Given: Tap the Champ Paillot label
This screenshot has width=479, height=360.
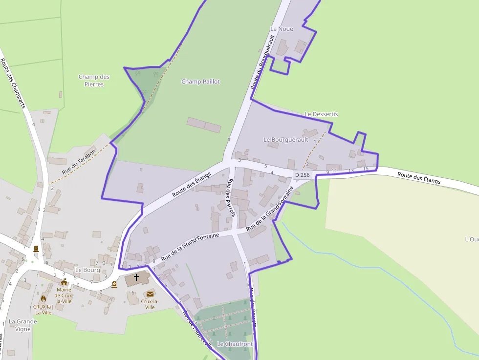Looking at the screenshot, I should pyautogui.click(x=200, y=82).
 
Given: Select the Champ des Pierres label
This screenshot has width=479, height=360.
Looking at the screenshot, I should pyautogui.click(x=94, y=81).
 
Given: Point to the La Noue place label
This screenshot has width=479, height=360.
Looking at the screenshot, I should pyautogui.click(x=282, y=29).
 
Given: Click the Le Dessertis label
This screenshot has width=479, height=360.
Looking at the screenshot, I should pyautogui.click(x=321, y=114).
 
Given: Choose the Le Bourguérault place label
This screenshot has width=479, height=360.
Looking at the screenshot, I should pyautogui.click(x=286, y=139).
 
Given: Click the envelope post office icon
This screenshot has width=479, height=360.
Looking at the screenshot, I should pyautogui.click(x=149, y=294).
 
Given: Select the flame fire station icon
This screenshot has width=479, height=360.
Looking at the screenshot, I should pyautogui.click(x=43, y=298).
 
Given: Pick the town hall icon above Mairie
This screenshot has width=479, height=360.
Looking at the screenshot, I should pyautogui.click(x=64, y=282).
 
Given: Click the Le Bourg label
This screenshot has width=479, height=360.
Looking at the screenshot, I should pyautogui.click(x=87, y=270).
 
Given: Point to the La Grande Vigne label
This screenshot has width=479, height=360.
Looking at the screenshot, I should pyautogui.click(x=23, y=325).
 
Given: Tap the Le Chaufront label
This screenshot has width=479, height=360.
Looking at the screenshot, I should pyautogui.click(x=235, y=344).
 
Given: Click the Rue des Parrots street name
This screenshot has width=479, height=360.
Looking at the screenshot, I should pyautogui.click(x=231, y=198).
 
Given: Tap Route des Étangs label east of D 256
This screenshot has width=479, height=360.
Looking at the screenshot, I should pyautogui.click(x=418, y=178).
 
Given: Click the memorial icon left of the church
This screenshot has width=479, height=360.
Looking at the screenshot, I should pyautogui.click(x=114, y=284).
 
